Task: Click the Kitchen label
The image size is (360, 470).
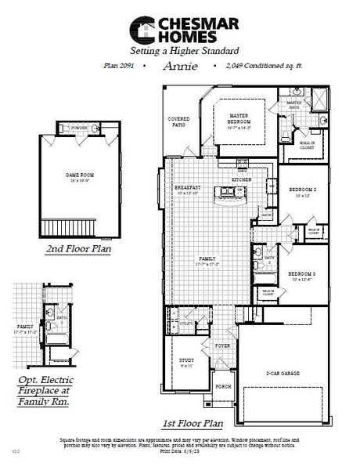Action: pos(241,180)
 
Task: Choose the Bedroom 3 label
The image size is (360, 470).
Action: pos(303,253)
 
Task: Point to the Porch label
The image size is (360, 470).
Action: pos(223,386)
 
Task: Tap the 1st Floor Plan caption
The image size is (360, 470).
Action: pos(193,424)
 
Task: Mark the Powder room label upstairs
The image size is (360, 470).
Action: pos(78,127)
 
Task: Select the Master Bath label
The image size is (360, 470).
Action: pos(293,105)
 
